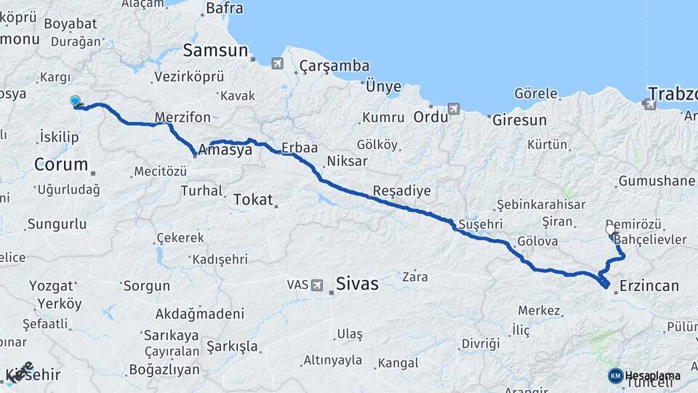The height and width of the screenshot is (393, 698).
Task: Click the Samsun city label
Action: pyautogui.click(x=214, y=51)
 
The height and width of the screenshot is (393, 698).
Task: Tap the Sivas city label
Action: pyautogui.click(x=357, y=283)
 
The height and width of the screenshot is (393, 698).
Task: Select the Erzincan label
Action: pyautogui.click(x=649, y=286)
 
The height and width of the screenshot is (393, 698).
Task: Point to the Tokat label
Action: pyautogui.click(x=253, y=199)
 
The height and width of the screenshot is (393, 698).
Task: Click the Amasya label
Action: pyautogui.click(x=225, y=150)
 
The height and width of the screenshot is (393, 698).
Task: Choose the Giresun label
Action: pyautogui.click(x=519, y=120)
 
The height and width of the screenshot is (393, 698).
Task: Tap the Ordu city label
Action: pyautogui.click(x=429, y=116)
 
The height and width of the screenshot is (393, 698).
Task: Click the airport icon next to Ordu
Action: pyautogui.click(x=454, y=109)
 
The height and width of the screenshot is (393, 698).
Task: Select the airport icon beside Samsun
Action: pyautogui.click(x=277, y=63)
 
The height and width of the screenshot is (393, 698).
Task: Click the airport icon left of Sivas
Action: pyautogui.click(x=317, y=285)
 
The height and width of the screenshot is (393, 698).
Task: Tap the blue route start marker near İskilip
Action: pyautogui.click(x=75, y=101)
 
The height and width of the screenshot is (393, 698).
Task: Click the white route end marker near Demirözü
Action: pyautogui.click(x=610, y=229)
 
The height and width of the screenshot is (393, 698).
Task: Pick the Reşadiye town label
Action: pyautogui.click(x=401, y=191)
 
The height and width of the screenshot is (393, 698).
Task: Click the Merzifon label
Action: pyautogui.click(x=182, y=117)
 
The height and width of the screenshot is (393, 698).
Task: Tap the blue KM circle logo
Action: pyautogui.click(x=615, y=376)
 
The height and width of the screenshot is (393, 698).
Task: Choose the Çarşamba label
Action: pyautogui.click(x=334, y=66)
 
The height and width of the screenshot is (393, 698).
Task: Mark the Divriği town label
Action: pyautogui.click(x=481, y=343)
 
